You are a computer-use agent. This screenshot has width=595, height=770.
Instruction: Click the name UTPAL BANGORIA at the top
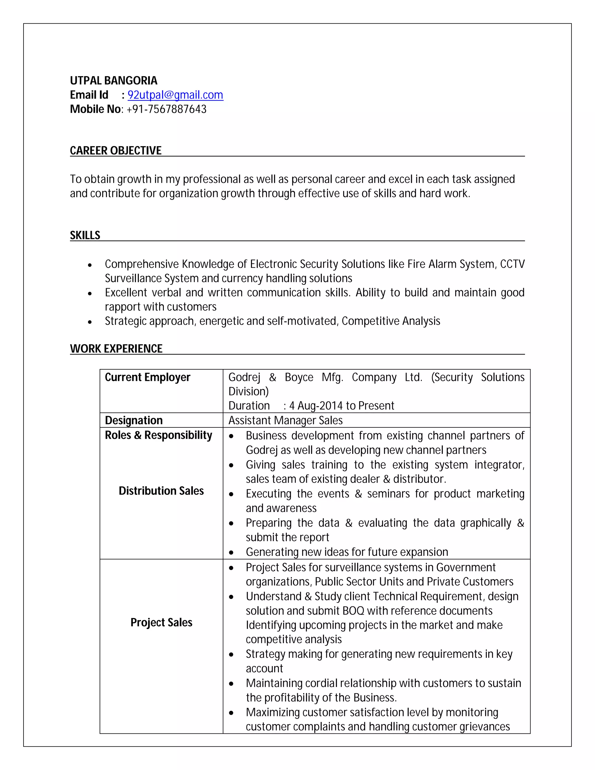[x=114, y=81]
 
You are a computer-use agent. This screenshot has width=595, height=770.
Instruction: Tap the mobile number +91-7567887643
[x=166, y=109]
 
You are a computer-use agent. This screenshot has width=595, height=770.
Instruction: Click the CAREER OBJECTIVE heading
[x=116, y=151]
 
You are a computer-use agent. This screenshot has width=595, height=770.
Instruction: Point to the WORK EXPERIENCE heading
[x=116, y=349]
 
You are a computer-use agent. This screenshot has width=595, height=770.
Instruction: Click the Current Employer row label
[x=147, y=377]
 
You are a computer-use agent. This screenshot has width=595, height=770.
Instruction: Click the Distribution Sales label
[x=161, y=491]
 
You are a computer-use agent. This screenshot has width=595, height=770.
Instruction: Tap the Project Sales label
[x=161, y=622]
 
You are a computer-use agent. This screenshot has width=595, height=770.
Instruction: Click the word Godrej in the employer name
[x=244, y=377]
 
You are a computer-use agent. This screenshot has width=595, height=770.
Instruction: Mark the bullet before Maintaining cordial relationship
[x=231, y=684]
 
